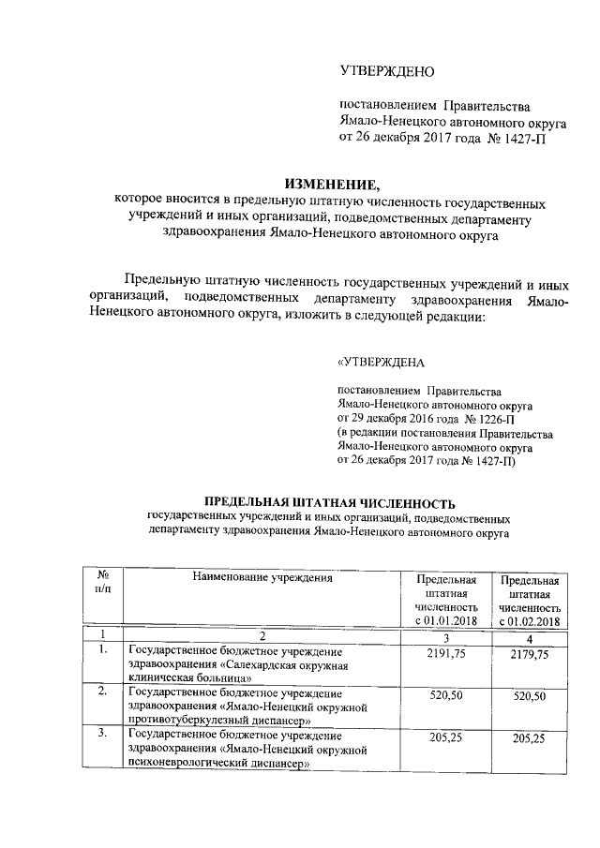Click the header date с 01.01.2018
(x=446, y=621)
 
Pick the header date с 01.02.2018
(x=530, y=621)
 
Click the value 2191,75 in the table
(x=446, y=654)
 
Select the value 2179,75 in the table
(x=531, y=654)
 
